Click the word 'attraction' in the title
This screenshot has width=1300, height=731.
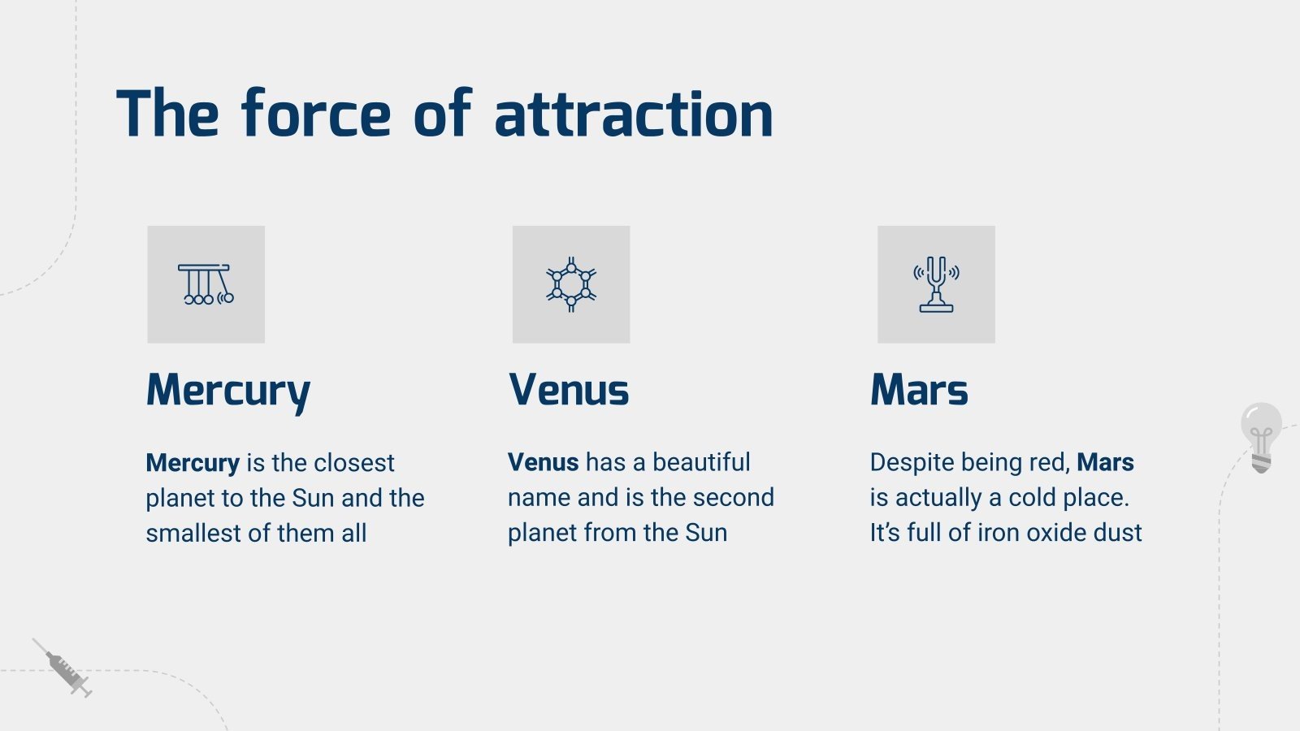point(633,115)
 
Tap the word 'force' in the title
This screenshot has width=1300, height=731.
point(316,115)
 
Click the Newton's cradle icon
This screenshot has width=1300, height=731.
point(206,284)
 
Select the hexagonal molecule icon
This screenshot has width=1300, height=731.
point(571,284)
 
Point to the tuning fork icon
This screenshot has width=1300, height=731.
point(936,284)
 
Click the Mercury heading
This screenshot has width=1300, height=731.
point(228,391)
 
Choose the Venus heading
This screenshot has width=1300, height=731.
point(569,391)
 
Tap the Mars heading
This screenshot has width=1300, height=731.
point(919,391)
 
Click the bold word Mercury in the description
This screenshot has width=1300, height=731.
point(193,463)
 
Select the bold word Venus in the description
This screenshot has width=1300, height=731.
point(543,462)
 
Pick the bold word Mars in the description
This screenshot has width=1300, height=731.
point(1105,462)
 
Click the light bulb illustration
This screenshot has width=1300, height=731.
point(1261,436)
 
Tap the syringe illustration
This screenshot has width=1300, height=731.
point(64,668)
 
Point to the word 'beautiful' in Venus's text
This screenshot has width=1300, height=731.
point(701,462)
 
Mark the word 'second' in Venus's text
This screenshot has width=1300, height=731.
point(734,497)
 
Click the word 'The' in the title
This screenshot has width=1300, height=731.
point(167,115)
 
